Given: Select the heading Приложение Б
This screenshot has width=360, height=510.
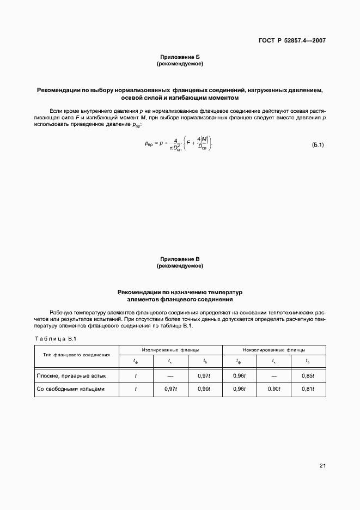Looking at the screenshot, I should tap(180, 57).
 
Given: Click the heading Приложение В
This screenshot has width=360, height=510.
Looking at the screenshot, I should tap(180, 259).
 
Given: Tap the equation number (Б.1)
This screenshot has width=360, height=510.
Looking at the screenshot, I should tap(318, 145).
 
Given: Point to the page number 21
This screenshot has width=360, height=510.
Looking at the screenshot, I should tap(322, 465).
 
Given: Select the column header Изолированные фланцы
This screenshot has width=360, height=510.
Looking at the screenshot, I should tap(170, 350).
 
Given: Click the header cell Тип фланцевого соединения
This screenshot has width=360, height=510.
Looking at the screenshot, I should tap(77, 355).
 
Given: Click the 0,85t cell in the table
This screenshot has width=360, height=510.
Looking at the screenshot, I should tap(308, 376).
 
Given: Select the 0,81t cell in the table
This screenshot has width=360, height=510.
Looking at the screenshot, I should tap(308, 389).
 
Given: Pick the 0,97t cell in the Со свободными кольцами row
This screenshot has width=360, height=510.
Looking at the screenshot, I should tap(170, 389).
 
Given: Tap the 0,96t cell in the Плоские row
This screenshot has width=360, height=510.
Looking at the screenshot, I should tap(239, 376).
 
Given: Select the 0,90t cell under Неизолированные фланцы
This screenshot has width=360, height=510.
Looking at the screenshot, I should tap(274, 389).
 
